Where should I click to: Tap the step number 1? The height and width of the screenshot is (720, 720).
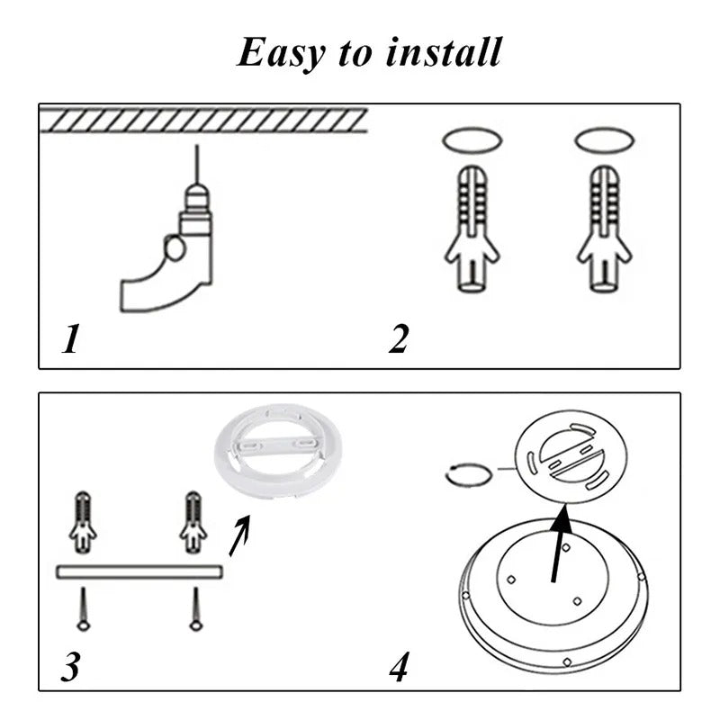70,340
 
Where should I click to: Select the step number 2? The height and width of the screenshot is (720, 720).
399,340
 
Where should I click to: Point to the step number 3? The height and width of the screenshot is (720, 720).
71,667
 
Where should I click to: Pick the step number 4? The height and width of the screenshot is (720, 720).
400,667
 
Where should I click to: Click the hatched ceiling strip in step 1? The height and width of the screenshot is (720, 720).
202,120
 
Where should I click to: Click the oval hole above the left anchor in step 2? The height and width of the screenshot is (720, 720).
472,141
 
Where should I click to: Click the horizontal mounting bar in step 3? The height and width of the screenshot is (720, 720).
139,571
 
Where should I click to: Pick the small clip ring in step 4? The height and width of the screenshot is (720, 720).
469,474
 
